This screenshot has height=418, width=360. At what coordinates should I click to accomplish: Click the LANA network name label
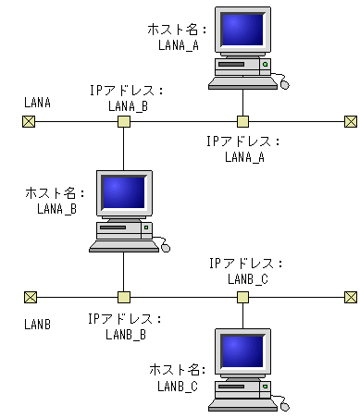[38, 101]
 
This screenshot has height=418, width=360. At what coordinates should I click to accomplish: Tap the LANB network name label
[38, 326]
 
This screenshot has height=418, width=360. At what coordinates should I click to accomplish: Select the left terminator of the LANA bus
[30, 121]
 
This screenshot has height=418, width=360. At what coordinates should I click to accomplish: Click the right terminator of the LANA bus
[350, 121]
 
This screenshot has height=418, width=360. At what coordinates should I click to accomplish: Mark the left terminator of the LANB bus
[30, 297]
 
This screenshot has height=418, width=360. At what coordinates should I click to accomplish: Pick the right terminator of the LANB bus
[350, 297]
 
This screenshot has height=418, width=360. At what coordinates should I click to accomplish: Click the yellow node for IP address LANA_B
[123, 121]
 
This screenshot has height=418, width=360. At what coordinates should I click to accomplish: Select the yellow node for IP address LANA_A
[242, 121]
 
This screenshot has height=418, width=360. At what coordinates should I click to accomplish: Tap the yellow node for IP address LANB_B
[123, 297]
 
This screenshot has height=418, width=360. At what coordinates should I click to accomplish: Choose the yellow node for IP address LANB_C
[242, 297]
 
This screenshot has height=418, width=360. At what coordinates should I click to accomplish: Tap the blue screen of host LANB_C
[242, 351]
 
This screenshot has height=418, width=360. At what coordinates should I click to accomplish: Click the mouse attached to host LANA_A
[284, 84]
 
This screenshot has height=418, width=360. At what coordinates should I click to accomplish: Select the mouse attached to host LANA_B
[165, 247]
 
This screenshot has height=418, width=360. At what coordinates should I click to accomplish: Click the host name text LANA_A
[179, 45]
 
